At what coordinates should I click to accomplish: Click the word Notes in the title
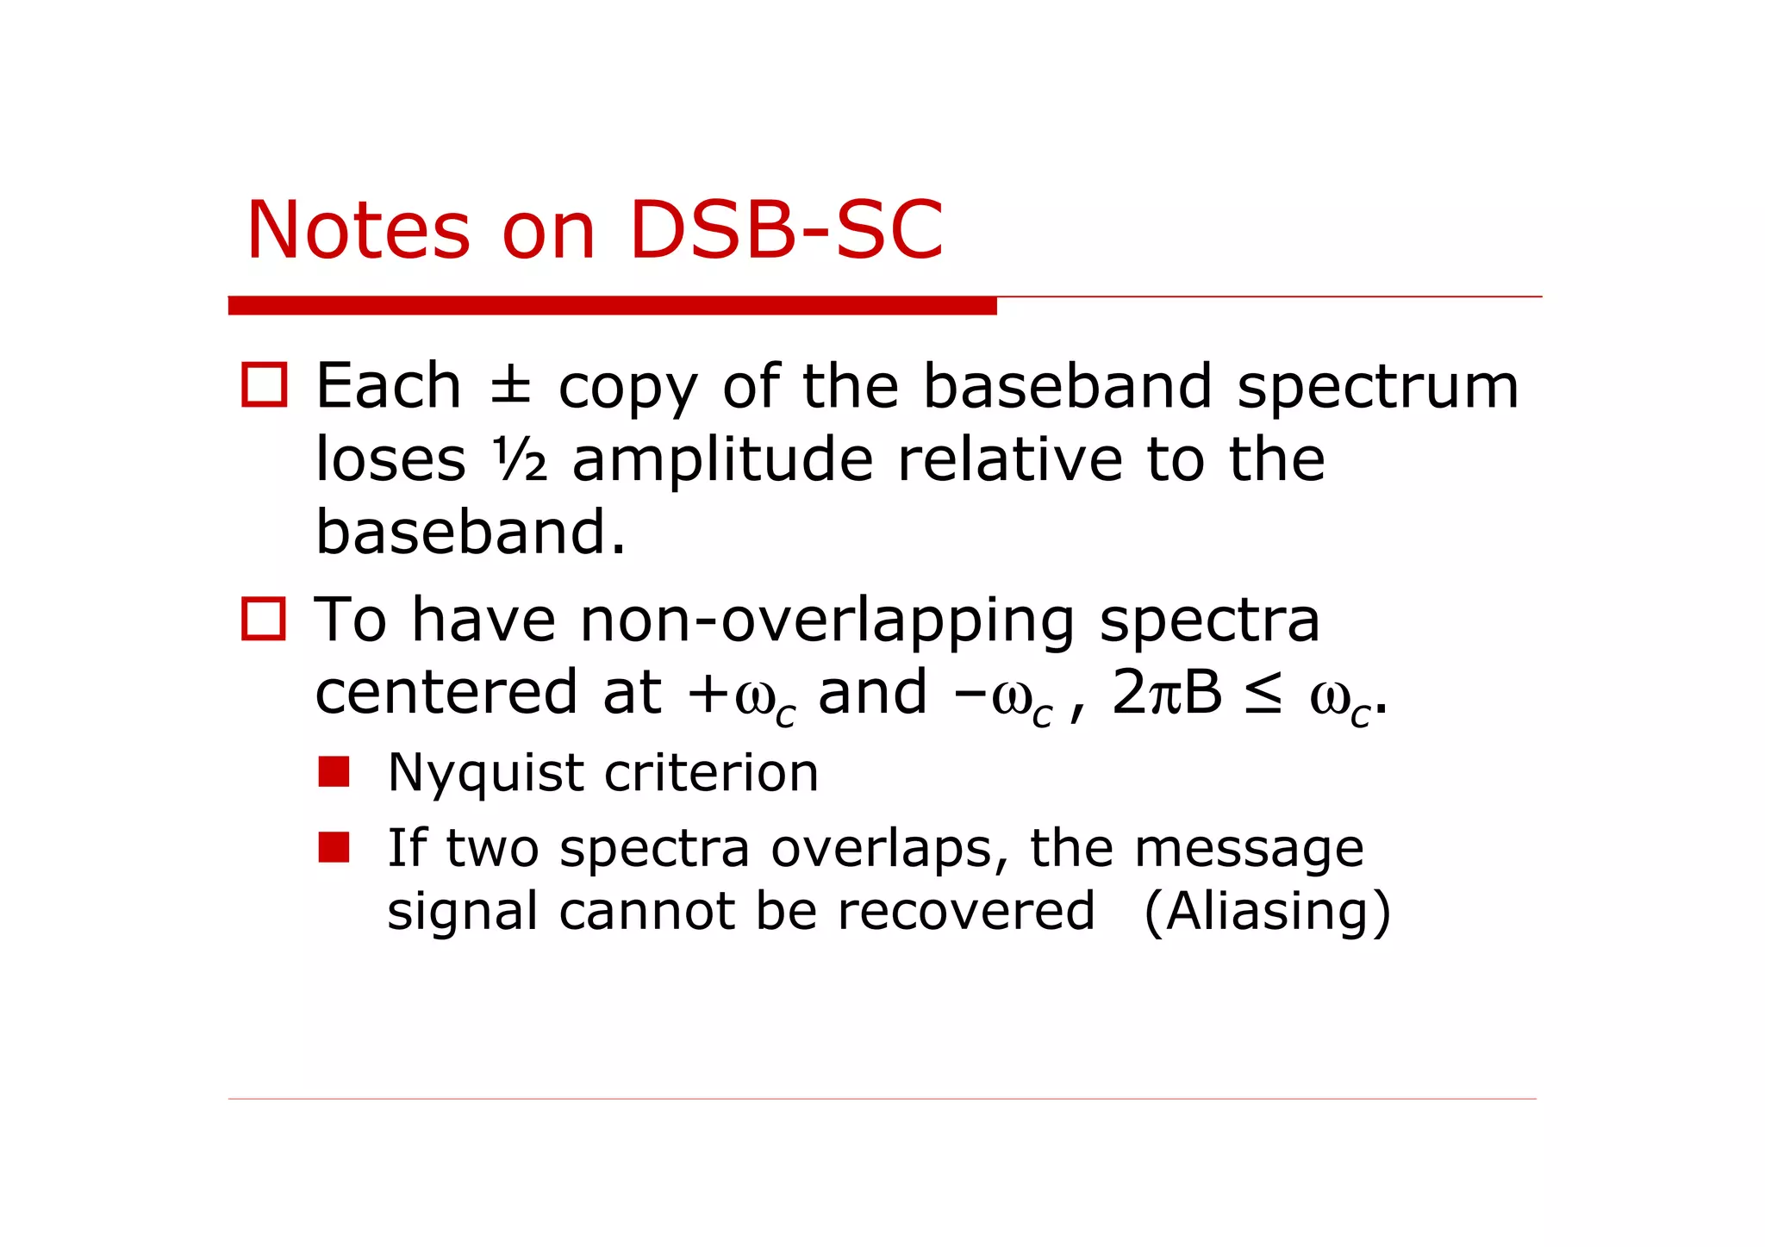point(358,230)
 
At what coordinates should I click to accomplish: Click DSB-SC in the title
point(786,230)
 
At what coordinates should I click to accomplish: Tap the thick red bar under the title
point(612,305)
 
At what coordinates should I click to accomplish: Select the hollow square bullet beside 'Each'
point(264,384)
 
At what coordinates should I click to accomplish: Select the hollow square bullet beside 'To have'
point(263,618)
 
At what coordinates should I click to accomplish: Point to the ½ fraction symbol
point(520,459)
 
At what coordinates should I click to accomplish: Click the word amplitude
point(722,459)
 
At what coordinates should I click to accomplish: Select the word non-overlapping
point(827,620)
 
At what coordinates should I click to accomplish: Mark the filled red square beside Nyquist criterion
point(334,771)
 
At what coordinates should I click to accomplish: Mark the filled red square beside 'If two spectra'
point(334,846)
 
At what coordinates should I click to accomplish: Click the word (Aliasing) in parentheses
point(1267,912)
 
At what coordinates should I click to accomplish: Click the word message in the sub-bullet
point(1248,849)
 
